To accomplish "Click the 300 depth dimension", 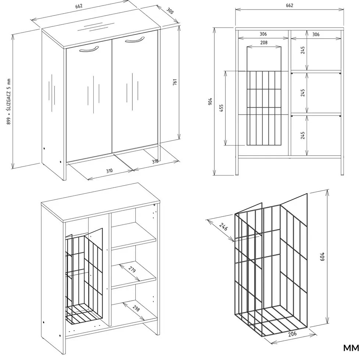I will [170, 11].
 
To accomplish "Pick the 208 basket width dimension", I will [264, 43].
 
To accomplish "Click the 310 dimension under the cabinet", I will [109, 171].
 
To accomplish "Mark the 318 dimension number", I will [155, 161].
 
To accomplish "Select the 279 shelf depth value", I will [132, 270].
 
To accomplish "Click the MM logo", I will [351, 348].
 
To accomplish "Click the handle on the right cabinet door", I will [134, 39].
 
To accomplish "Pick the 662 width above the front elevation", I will [289, 6].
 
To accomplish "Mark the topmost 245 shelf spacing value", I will [303, 50].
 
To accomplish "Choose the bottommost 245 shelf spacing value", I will [303, 135].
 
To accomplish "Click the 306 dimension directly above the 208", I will [263, 34].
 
